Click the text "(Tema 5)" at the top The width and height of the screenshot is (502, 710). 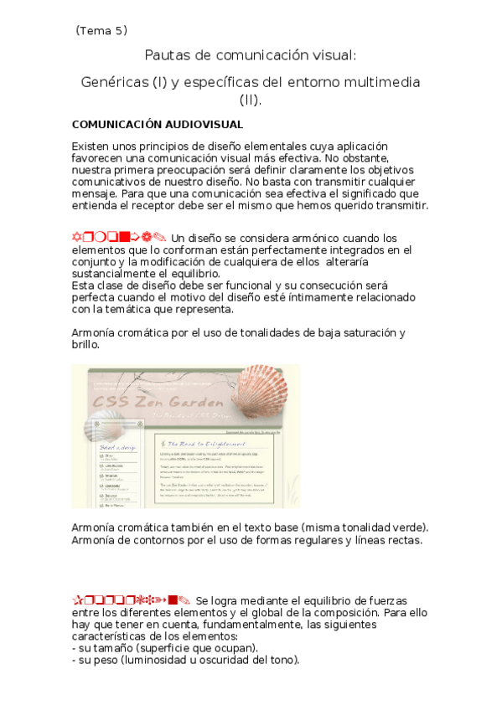click(x=101, y=31)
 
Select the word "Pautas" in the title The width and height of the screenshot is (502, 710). click(x=167, y=56)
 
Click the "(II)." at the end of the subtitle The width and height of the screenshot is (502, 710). click(x=251, y=101)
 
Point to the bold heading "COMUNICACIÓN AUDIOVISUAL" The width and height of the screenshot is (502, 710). click(x=158, y=125)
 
